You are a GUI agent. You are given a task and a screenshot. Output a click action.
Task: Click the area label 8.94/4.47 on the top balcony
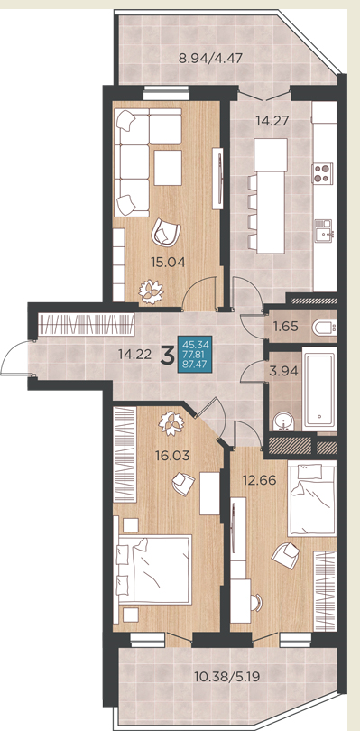[x=210, y=59]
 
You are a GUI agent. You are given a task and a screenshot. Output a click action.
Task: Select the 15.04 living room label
[x=168, y=262]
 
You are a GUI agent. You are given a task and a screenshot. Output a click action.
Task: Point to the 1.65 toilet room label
[x=286, y=327]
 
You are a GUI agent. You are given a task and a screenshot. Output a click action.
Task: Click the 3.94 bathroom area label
[x=282, y=372]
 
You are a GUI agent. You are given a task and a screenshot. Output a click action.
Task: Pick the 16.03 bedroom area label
[x=172, y=455]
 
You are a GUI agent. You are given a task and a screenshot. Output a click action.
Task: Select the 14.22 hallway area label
[x=135, y=355]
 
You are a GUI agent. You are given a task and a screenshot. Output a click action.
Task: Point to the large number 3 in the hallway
[x=166, y=356]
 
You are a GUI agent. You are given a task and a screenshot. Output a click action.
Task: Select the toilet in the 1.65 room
[x=325, y=328]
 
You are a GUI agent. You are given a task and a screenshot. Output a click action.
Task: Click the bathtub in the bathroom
[x=319, y=388]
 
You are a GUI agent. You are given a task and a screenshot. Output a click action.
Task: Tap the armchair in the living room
[x=165, y=232]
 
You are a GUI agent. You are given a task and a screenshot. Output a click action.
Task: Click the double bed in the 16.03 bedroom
[x=154, y=569]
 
